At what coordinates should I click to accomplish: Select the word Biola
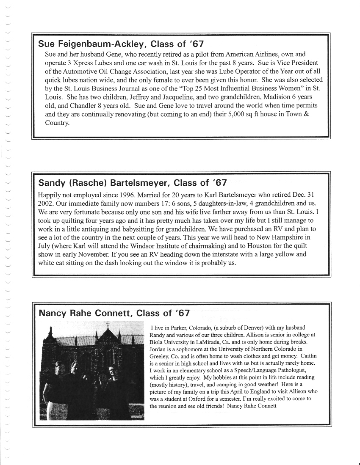click(x=157, y=342)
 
